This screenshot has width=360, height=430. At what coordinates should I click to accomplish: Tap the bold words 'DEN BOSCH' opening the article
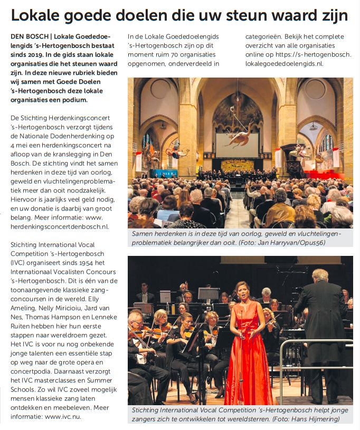(30, 36)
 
